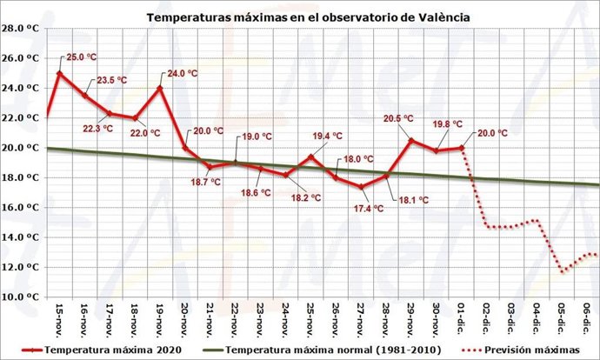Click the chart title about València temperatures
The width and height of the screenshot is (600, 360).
pos(308,17)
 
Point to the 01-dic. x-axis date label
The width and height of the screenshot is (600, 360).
pos(462,317)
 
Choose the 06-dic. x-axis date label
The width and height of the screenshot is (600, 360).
pos(588,317)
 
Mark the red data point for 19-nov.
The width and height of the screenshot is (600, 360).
pos(160,88)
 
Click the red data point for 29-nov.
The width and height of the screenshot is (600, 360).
pos(411,140)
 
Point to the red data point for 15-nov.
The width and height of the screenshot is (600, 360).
pos(59,73)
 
